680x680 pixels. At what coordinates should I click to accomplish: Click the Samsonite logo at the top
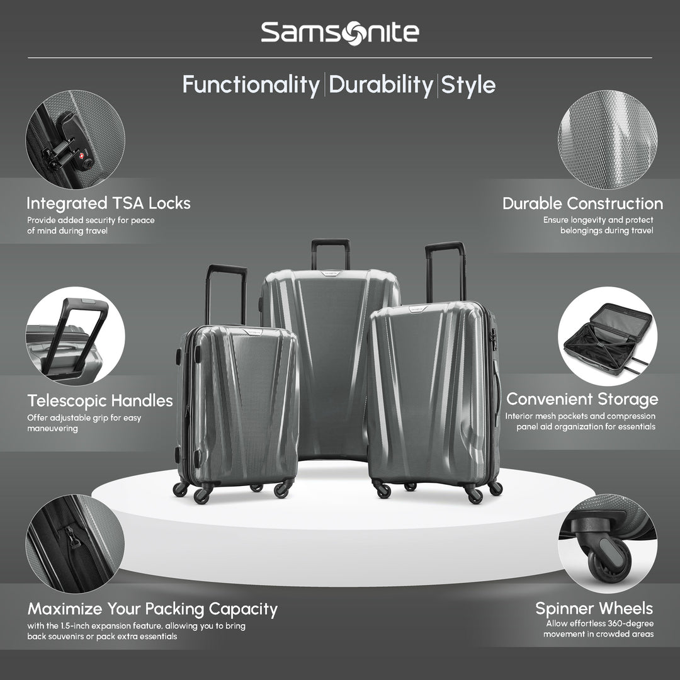tap(339, 31)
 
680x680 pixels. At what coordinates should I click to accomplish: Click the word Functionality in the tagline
tap(251, 84)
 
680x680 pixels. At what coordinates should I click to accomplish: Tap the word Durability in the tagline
tap(380, 84)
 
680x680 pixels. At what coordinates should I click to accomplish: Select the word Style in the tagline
tap(468, 84)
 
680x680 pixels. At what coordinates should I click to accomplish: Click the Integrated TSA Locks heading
tap(108, 203)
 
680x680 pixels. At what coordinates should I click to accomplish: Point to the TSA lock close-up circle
tap(74, 139)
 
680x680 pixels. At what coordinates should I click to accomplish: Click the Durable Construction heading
tap(582, 203)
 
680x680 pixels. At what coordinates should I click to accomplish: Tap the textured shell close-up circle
tap(607, 139)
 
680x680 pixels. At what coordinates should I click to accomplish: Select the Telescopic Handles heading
tap(100, 400)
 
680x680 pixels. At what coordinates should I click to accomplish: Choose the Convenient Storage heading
tap(582, 399)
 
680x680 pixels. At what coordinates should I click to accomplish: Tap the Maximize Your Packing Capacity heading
tap(152, 609)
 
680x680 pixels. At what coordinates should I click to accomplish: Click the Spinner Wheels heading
tap(594, 608)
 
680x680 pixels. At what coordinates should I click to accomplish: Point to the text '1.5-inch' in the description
tap(80, 626)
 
